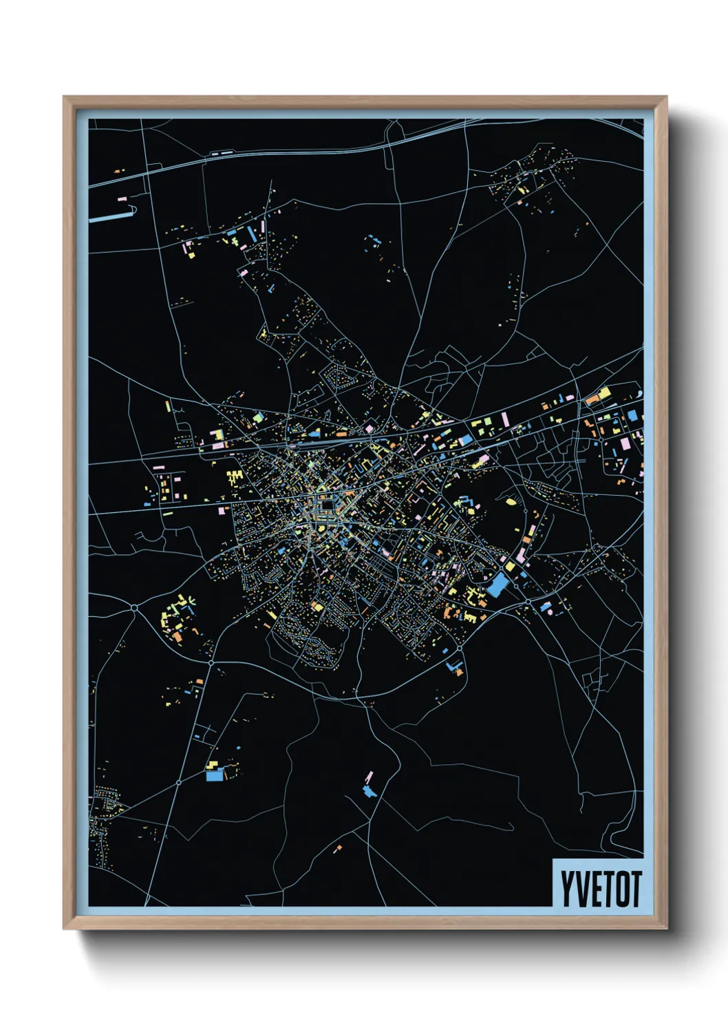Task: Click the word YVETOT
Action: (x=600, y=889)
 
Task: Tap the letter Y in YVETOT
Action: (x=568, y=889)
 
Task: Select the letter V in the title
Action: (x=581, y=889)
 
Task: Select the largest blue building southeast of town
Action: (x=497, y=587)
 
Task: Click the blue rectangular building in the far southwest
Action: (x=215, y=776)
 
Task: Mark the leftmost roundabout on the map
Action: (x=134, y=607)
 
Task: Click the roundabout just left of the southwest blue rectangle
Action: (x=178, y=783)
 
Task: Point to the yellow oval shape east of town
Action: (x=511, y=503)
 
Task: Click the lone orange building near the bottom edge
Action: (x=337, y=848)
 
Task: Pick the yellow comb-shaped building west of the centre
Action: (x=235, y=476)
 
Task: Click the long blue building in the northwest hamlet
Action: (x=252, y=234)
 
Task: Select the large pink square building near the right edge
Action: (x=625, y=444)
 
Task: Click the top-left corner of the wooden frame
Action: (x=65, y=98)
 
